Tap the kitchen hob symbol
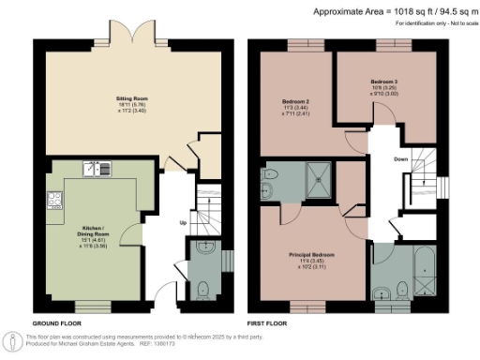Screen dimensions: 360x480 [x=53, y=201]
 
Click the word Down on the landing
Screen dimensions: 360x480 [x=400, y=159]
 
